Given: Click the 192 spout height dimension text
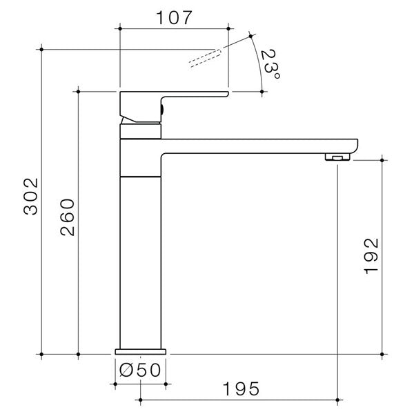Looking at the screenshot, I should pos(371,257).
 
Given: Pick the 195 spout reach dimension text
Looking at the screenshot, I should pos(241,388).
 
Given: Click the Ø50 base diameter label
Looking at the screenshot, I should pos(140,369).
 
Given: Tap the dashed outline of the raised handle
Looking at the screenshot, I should pos(207,57).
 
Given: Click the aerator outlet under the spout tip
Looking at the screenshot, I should pos(336,158).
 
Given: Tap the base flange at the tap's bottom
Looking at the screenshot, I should pos(141,350).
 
